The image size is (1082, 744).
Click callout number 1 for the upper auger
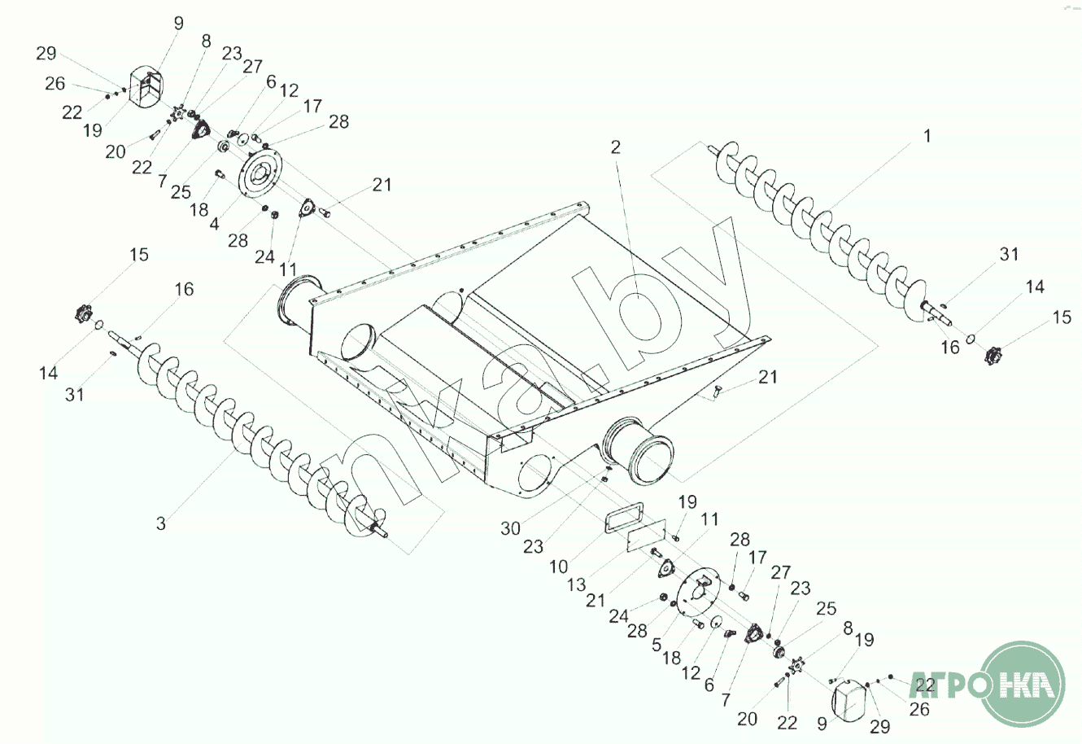click(926, 137)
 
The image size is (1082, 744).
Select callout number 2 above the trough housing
click(616, 147)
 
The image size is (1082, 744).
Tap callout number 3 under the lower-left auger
click(161, 523)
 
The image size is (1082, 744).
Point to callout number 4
click(214, 223)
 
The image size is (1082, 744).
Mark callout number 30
click(510, 528)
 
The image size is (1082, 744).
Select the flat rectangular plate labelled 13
click(648, 537)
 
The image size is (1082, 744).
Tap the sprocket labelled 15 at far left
click(84, 312)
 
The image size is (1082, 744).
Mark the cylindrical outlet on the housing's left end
click(296, 305)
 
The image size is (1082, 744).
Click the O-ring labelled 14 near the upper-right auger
click(971, 337)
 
